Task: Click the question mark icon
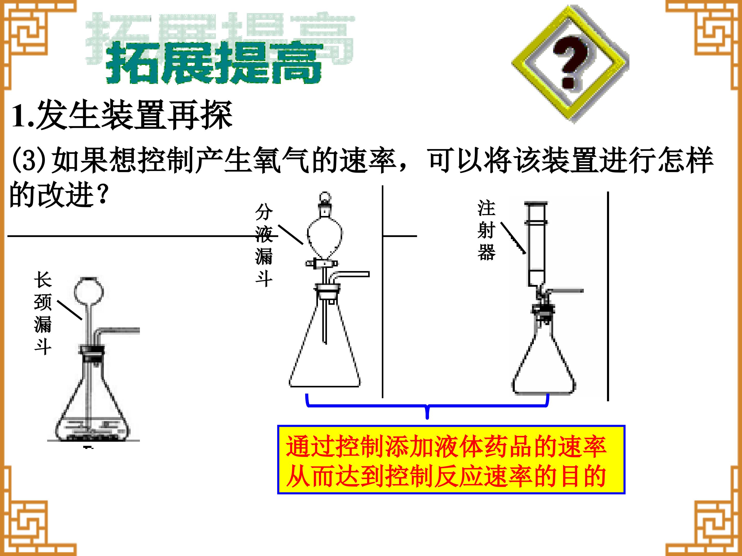[570, 64]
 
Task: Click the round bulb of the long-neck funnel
[89, 290]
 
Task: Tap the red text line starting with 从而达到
[446, 476]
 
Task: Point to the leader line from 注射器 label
[513, 238]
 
